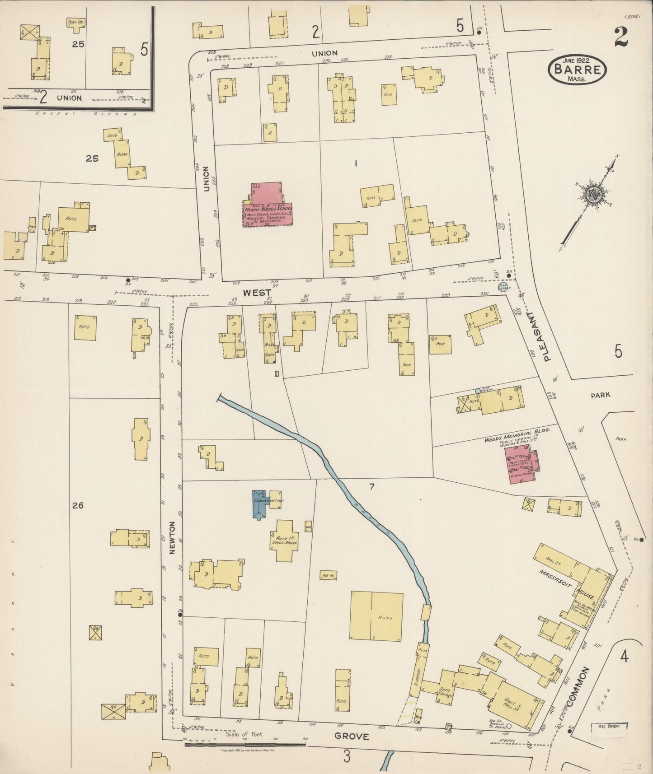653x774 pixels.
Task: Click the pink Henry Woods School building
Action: tap(267, 205)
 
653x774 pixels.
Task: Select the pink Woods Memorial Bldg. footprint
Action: tap(521, 466)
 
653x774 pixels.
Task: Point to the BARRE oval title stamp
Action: tap(577, 70)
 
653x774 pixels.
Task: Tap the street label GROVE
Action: tap(352, 737)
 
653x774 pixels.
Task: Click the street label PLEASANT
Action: tap(548, 336)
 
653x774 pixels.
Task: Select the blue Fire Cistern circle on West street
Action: tap(503, 287)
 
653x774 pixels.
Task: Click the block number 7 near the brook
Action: tap(371, 486)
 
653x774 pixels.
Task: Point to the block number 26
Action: tap(78, 505)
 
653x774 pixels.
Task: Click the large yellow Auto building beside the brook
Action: tap(376, 616)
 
